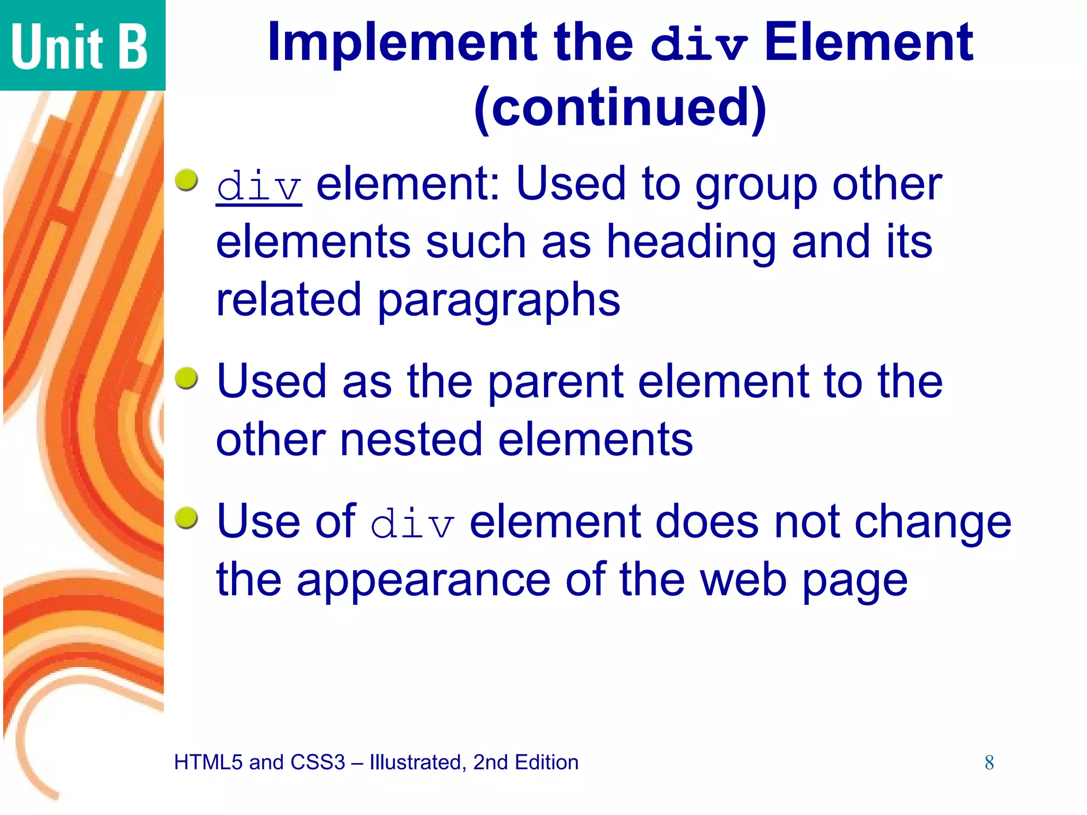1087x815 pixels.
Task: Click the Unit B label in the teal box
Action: (79, 47)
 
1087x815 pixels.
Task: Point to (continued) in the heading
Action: (619, 108)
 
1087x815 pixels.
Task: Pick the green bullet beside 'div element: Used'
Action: (186, 180)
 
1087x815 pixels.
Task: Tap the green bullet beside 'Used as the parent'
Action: (186, 378)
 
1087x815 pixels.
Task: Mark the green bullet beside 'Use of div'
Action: (186, 518)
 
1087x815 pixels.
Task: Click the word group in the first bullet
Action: (756, 185)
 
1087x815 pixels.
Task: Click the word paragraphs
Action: (498, 301)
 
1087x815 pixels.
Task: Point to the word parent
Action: (555, 383)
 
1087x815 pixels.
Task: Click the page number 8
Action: (989, 762)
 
